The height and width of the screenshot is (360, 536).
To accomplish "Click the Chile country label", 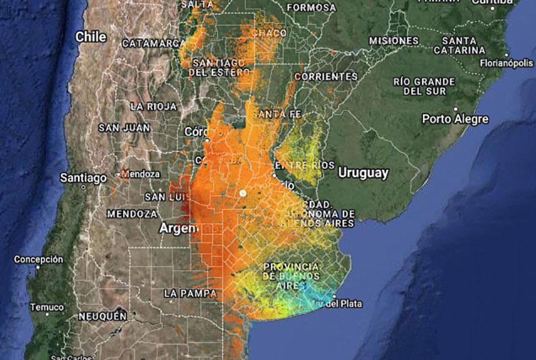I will click(x=91, y=37).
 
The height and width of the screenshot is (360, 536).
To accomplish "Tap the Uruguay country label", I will click(x=363, y=172).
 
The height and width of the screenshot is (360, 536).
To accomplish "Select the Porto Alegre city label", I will click(x=455, y=119).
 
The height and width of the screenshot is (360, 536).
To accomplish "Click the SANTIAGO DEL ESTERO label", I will click(x=219, y=67).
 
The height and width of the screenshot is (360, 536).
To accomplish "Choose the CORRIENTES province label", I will click(x=325, y=76).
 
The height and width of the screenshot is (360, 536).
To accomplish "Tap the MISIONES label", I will click(x=394, y=41).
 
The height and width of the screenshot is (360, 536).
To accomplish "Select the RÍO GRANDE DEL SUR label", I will click(x=424, y=86).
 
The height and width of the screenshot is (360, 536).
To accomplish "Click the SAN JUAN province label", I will click(x=124, y=127).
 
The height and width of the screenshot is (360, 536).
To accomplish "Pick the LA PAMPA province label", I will click(x=190, y=292).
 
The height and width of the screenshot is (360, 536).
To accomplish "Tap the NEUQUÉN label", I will click(x=102, y=316).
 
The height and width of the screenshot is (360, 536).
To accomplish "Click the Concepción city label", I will click(x=39, y=259).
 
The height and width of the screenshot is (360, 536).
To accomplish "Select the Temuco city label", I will click(x=47, y=307).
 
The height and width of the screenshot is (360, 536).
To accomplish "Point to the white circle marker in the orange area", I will click(x=242, y=193).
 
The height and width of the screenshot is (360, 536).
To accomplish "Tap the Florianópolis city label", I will click(x=506, y=63).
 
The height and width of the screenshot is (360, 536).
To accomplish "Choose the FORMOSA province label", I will click(x=311, y=7).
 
